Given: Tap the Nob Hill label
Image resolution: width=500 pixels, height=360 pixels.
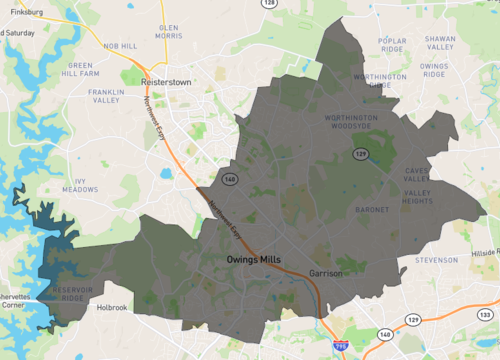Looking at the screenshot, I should click(x=120, y=46).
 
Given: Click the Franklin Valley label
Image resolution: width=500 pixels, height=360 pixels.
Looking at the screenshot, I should click(x=106, y=96).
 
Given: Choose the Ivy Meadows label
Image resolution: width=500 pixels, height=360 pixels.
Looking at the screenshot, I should click(x=80, y=185).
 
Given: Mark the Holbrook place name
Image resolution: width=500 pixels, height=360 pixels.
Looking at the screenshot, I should click(x=111, y=308).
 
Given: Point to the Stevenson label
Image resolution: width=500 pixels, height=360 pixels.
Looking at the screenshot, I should click(x=436, y=260).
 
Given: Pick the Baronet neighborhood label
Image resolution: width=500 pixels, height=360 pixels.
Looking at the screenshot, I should click(x=372, y=210).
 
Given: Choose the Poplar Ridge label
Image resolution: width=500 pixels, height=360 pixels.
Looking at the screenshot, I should click(x=392, y=45).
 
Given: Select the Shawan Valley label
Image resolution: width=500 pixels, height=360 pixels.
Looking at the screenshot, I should click(x=440, y=42).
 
